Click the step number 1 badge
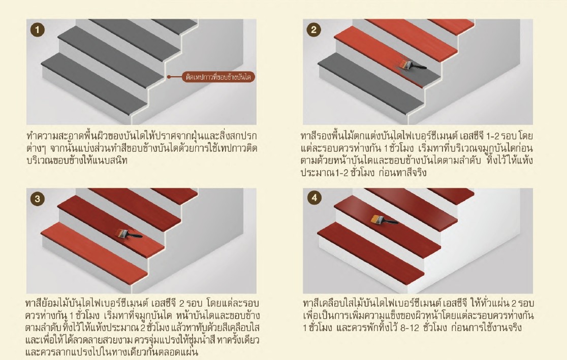click(x=37, y=29)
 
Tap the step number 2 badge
click(x=313, y=29)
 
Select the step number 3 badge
click(x=37, y=199)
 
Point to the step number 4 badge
click(x=314, y=198)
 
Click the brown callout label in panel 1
click(x=218, y=77)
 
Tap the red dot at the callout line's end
click(x=169, y=77)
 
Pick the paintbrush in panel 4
click(x=385, y=219)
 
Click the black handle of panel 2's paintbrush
click(x=420, y=67)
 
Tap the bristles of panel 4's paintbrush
click(x=376, y=218)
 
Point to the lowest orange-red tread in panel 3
click(x=94, y=252)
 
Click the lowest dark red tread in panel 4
click(x=371, y=251)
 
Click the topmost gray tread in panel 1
click(x=174, y=26)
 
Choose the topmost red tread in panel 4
click(x=451, y=195)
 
